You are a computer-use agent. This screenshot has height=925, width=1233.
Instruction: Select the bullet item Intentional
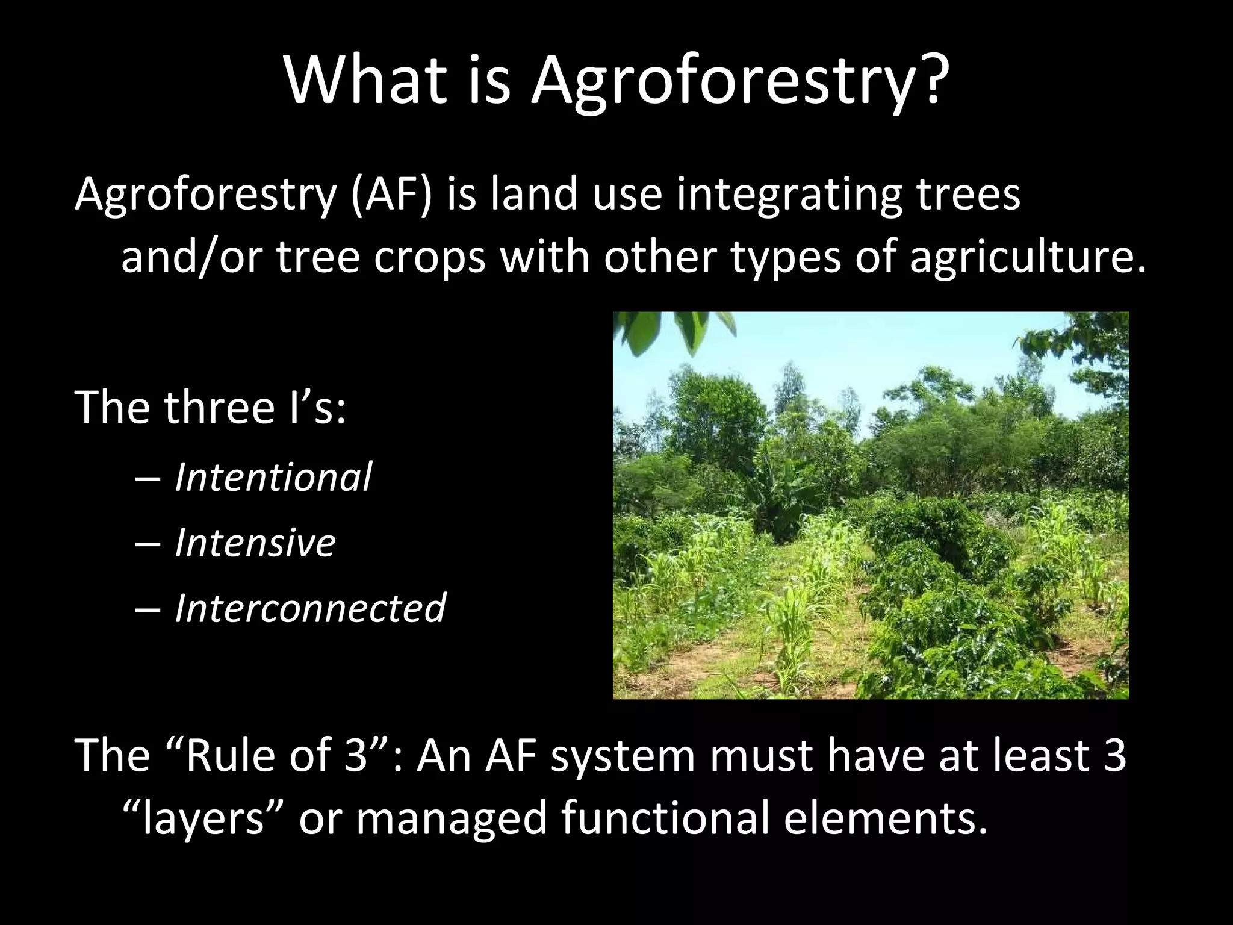tap(273, 477)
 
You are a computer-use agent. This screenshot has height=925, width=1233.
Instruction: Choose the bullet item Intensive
tap(255, 543)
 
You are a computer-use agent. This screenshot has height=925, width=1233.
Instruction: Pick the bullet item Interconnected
tap(309, 608)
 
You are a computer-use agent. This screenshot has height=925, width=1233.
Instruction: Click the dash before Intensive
tap(148, 544)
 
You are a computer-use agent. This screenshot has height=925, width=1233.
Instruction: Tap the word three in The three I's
tap(218, 408)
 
